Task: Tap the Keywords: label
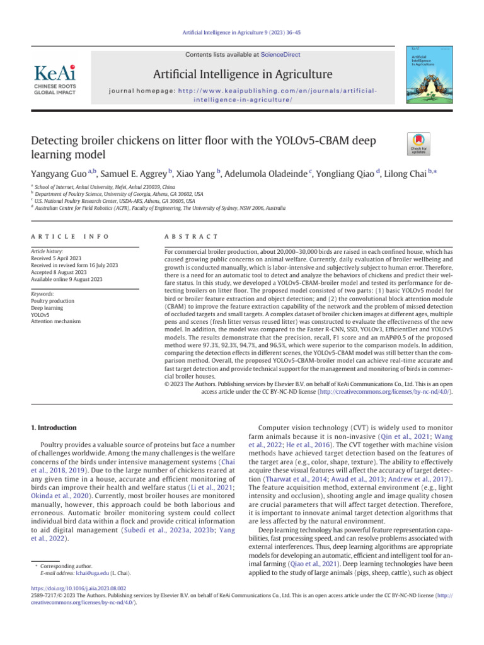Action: click(x=43, y=294)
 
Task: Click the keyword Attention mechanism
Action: click(x=56, y=321)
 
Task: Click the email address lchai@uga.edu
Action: click(x=92, y=573)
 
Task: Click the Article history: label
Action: click(x=47, y=251)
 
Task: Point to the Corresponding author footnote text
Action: click(x=61, y=566)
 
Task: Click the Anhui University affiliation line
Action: click(x=105, y=187)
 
